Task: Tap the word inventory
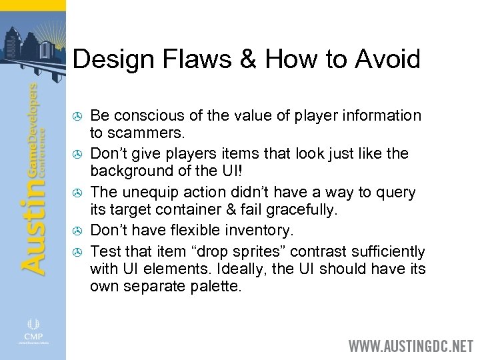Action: [263, 231]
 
